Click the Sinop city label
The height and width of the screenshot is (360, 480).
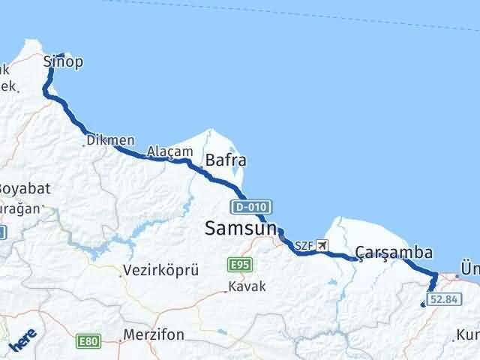[62, 61]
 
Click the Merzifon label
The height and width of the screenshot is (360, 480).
[154, 334]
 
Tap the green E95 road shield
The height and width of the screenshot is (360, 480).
[241, 264]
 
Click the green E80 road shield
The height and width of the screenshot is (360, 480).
[88, 342]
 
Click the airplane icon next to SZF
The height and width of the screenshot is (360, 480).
[322, 245]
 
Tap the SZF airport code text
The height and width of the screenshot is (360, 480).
[303, 245]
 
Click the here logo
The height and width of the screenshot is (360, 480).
[22, 342]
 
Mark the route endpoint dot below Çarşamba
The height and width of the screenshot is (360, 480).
[424, 304]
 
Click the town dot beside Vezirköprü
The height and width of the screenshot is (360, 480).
[121, 274]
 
